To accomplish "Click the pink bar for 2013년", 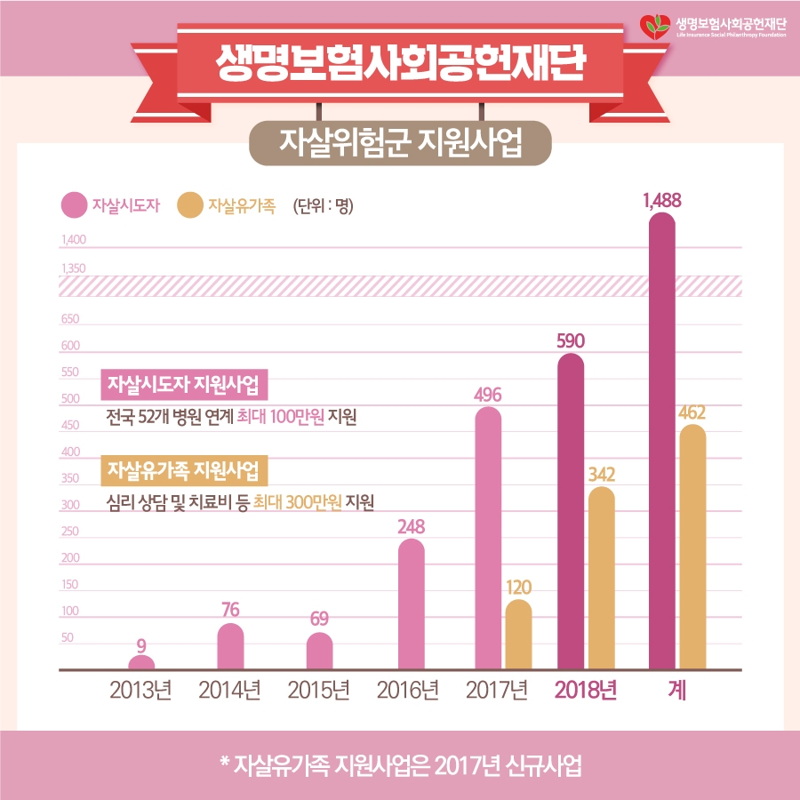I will [141, 662].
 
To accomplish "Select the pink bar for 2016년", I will [411, 604].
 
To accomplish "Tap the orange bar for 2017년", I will [518, 635].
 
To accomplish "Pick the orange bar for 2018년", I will [602, 578].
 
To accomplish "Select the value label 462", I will [692, 412].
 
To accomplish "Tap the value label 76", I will [230, 610].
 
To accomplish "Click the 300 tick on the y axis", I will [70, 505].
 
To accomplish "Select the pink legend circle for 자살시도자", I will [73, 205].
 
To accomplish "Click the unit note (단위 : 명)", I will [323, 206].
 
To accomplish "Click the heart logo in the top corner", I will [657, 26].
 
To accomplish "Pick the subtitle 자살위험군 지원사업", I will [400, 141].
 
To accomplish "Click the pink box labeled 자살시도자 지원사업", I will [185, 385].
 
